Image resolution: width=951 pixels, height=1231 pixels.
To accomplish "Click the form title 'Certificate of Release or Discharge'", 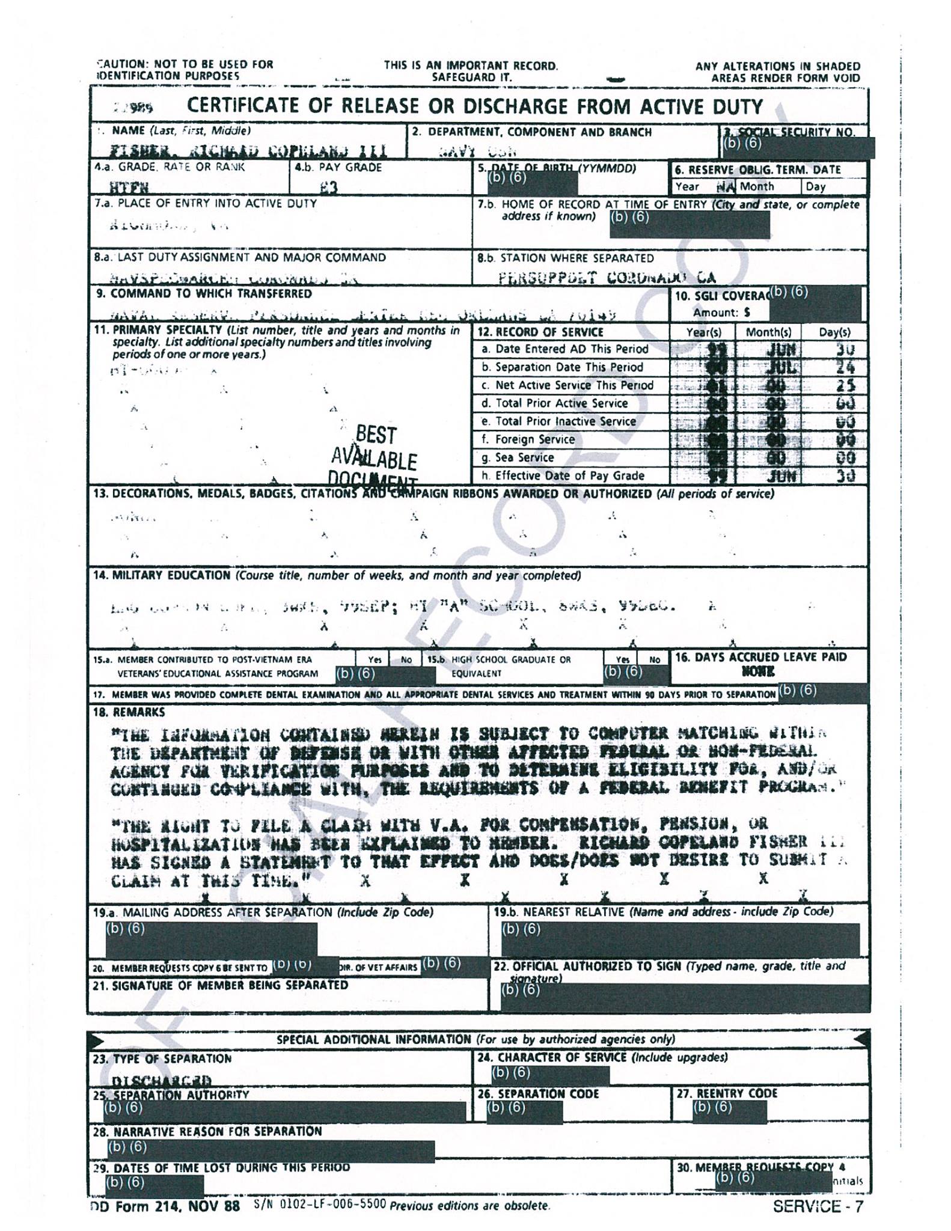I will [x=474, y=107].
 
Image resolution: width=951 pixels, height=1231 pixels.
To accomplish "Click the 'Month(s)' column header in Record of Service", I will [x=768, y=332].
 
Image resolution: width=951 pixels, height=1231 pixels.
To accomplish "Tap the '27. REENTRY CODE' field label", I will [x=727, y=1093].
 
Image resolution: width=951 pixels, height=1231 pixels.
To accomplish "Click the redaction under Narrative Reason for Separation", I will [x=271, y=1151].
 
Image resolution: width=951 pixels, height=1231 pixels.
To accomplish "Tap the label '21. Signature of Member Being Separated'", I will [x=220, y=985].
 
